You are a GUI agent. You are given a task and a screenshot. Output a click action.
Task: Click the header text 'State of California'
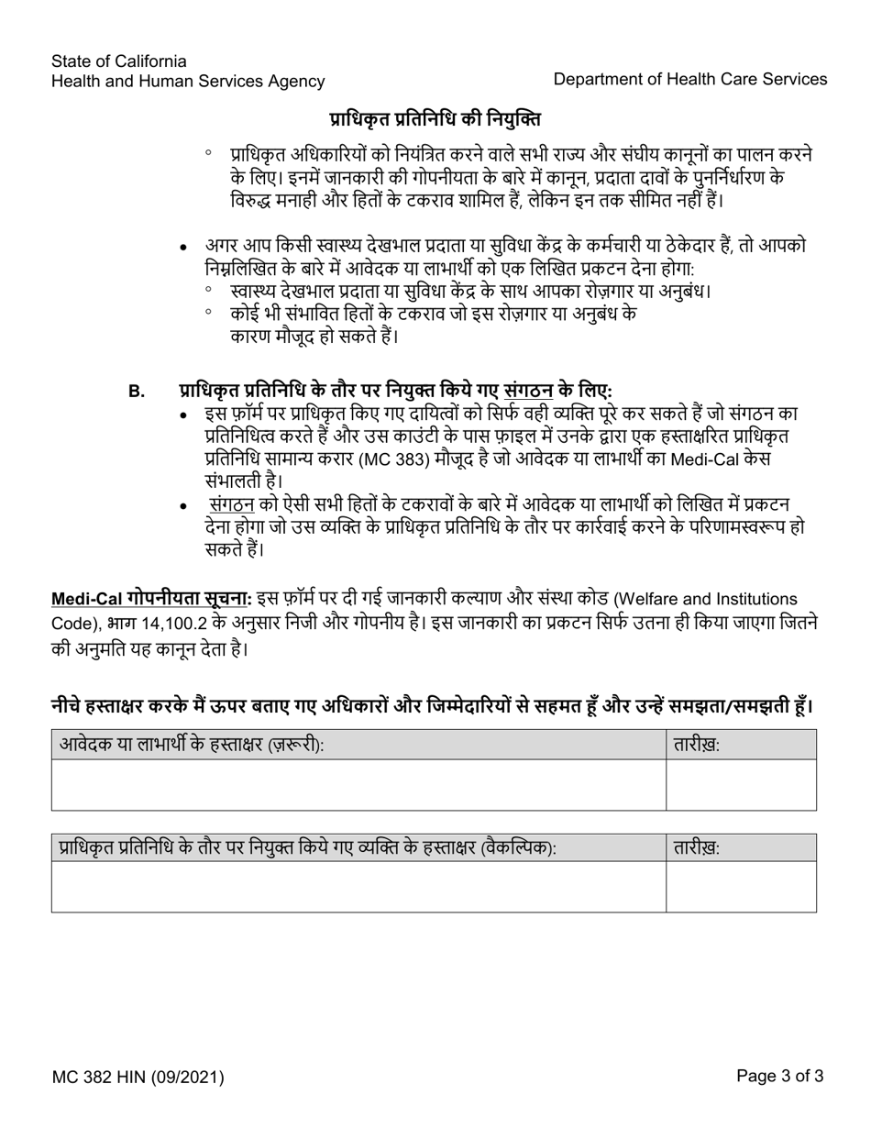coord(119,61)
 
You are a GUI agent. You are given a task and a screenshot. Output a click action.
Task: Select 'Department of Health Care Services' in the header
coord(689,79)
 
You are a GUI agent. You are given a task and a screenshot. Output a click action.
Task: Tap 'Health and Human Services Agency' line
coord(188,82)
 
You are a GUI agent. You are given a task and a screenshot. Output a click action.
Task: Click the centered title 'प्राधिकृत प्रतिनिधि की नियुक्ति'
coord(435,119)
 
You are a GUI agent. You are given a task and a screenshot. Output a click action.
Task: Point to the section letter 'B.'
coord(137,392)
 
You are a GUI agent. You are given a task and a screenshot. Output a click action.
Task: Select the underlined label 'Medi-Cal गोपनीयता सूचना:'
coord(151,599)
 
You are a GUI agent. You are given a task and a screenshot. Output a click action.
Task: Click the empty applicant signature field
coord(358,785)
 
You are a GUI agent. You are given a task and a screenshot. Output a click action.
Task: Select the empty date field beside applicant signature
coord(741,785)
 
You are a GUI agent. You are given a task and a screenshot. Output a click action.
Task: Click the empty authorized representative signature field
coord(358,887)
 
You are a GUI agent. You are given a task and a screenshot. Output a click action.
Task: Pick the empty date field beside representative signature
coord(741,887)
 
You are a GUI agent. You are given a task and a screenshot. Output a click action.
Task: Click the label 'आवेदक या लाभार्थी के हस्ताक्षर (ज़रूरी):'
coord(192,746)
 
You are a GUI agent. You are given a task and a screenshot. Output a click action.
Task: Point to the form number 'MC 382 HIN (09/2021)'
coord(138,1078)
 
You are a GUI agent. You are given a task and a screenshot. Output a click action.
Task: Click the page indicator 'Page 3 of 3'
coord(779,1077)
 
